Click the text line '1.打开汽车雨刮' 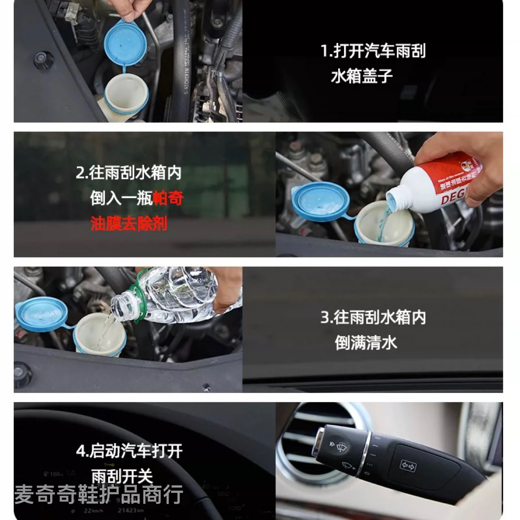[x=373, y=51]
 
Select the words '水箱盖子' [x=362, y=76]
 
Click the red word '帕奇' [x=168, y=198]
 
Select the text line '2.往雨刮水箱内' [x=128, y=172]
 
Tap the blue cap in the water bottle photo [x=41, y=314]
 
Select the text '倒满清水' [x=366, y=343]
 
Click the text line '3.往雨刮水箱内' [x=373, y=317]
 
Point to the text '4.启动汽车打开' [x=129, y=451]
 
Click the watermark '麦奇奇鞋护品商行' [x=99, y=494]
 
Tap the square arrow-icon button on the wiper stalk [x=408, y=465]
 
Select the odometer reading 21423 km [x=130, y=510]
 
